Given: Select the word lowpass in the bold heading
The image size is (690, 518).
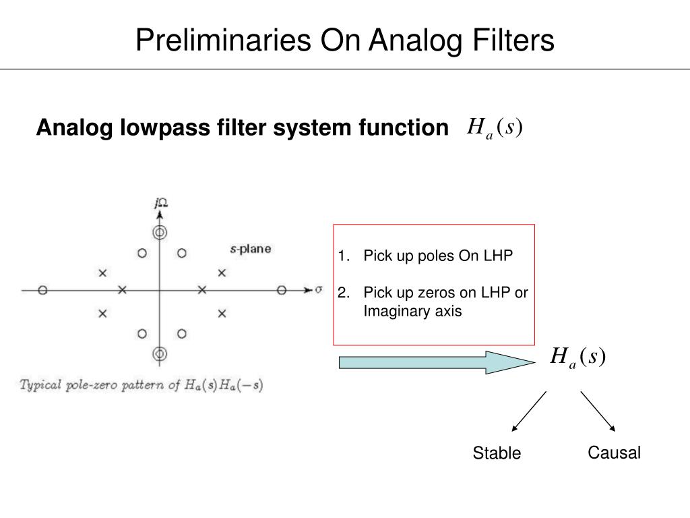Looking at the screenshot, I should click(157, 127).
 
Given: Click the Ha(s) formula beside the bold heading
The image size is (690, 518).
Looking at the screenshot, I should click(495, 127).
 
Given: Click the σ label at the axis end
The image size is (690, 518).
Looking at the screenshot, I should click(319, 290).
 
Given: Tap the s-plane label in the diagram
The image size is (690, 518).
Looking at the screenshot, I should click(251, 249).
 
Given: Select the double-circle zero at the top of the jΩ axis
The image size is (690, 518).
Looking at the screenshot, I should click(160, 233).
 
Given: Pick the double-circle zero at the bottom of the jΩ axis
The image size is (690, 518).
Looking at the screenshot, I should click(160, 354).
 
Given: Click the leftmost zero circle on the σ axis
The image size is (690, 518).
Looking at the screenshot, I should click(42, 291).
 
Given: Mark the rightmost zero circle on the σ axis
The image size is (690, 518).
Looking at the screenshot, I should click(282, 291).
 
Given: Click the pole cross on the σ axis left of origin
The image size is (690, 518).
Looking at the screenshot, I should click(122, 291).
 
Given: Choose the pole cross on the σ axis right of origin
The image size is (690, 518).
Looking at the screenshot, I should click(201, 291).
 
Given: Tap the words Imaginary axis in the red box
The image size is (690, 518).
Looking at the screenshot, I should click(412, 311).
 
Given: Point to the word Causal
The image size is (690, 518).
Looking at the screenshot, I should click(614, 453).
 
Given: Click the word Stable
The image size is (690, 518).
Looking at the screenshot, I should click(497, 453).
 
